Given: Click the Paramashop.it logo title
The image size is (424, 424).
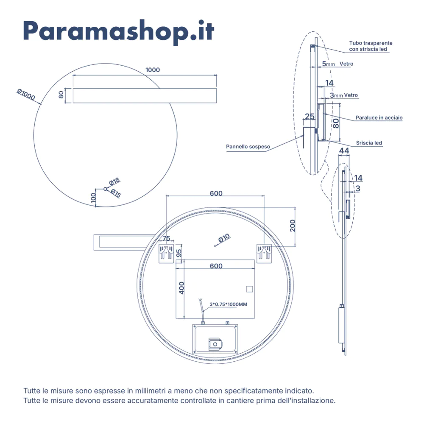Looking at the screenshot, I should pos(118,31).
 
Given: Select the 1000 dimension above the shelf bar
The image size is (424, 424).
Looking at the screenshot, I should pos(153,70).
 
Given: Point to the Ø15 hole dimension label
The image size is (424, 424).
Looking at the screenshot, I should pos(115,193).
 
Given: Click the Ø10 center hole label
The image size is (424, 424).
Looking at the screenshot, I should pos(224,239).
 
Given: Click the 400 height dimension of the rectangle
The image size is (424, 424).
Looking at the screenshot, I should pos(182,288).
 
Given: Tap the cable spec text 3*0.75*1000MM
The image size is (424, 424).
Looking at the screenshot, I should pos(228,304).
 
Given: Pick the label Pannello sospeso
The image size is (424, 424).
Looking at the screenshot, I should pos(248,147).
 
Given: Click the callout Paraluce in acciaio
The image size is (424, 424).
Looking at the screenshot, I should pos(379,117).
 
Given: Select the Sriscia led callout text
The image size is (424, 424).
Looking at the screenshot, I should pos(369,143).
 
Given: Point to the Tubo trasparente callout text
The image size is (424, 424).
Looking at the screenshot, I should pos(371,46).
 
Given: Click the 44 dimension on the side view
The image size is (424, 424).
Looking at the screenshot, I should pos(344,151).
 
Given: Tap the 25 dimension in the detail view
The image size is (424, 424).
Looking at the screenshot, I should pos(310,116).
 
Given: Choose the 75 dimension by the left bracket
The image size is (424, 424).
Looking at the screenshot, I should pos(166,238).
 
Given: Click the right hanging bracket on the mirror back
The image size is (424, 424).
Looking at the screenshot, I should pos(264,253).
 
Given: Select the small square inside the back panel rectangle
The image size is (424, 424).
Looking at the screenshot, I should pos(249,290).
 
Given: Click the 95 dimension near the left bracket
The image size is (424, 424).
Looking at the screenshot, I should pos(179,253).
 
